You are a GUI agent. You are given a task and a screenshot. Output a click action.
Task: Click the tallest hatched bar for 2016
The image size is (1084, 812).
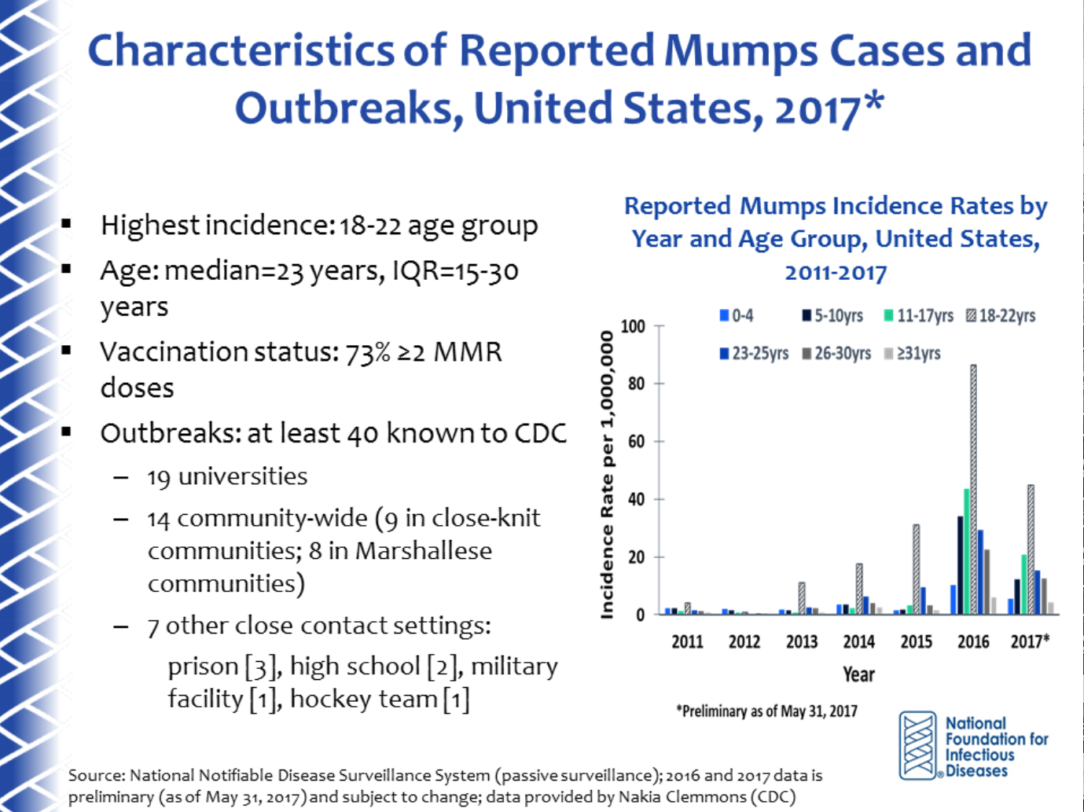tap(973, 490)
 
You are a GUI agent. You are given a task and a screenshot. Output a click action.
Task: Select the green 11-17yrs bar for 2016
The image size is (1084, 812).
tap(966, 552)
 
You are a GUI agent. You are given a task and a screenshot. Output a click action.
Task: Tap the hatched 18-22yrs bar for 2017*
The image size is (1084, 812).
tap(1031, 549)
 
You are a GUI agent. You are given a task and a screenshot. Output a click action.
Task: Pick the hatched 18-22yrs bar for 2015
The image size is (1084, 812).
tap(916, 569)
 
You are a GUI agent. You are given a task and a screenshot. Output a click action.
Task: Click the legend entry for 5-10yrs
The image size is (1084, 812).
tap(833, 315)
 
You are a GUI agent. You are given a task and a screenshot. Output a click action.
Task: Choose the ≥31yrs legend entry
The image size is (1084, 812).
tap(913, 354)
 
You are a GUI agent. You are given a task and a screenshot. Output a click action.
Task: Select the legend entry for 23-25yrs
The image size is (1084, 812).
tap(754, 354)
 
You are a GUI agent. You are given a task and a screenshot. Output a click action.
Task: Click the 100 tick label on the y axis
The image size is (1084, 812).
tap(633, 326)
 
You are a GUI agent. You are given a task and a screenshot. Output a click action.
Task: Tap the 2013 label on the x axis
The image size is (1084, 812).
tap(802, 641)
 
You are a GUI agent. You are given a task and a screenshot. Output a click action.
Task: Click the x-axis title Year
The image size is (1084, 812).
tap(859, 674)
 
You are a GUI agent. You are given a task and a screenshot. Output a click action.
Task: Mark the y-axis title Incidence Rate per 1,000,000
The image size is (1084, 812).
tap(606, 475)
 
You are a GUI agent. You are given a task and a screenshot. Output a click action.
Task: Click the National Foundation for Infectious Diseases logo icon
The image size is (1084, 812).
tap(917, 746)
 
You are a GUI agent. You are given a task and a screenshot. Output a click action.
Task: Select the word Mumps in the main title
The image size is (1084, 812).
tap(741, 51)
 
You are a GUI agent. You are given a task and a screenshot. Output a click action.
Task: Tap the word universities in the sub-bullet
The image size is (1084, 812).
tap(243, 476)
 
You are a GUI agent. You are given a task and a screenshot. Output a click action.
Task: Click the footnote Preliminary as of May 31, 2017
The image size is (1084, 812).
tap(766, 711)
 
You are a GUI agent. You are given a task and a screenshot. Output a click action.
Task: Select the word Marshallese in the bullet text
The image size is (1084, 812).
tap(423, 551)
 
